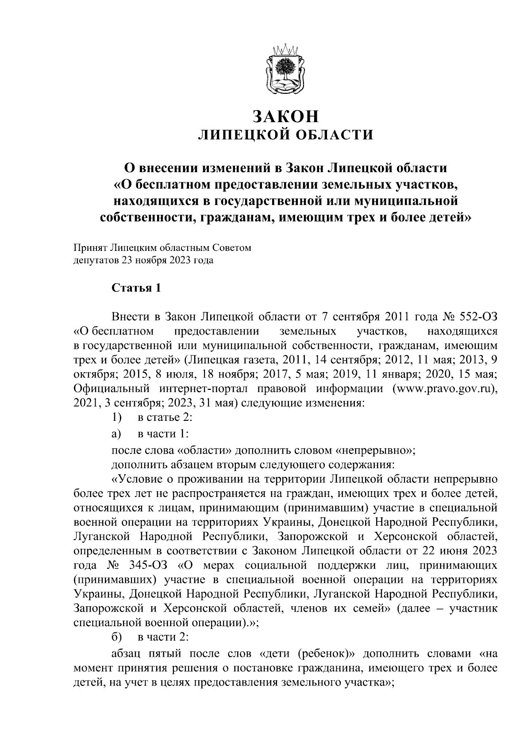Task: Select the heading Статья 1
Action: [x=136, y=289]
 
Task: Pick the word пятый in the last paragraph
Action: [x=166, y=654]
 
